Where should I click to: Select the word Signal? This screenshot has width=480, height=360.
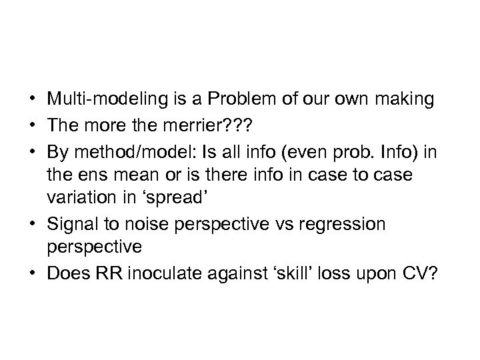click(69, 223)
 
